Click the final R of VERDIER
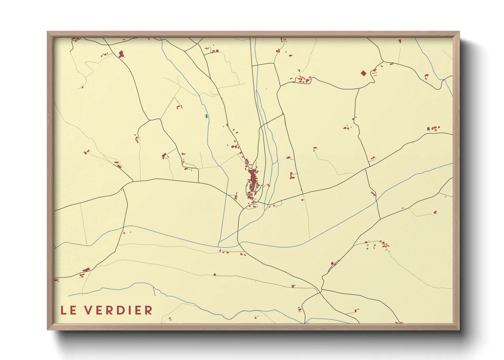[149, 310]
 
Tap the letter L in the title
[64, 310]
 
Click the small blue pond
[206, 116]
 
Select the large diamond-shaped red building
[363, 73]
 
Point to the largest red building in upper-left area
[121, 54]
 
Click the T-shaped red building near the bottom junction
[293, 286]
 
